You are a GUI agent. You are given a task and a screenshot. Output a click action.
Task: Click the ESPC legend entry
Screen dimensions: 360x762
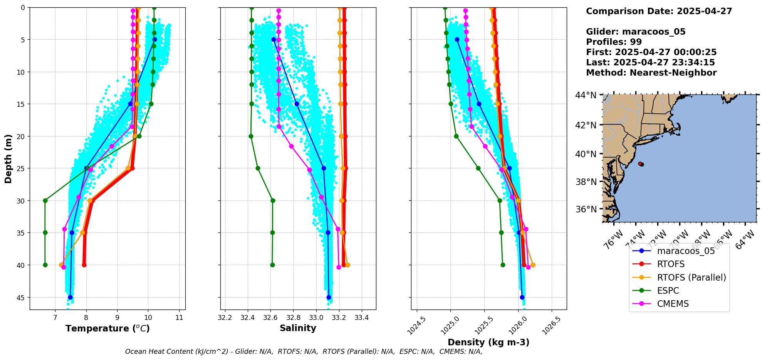coord(668,291)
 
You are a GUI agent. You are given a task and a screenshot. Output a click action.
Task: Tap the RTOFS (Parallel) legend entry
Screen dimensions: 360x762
coord(691,278)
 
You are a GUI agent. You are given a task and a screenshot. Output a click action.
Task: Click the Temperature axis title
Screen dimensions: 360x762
coord(107,329)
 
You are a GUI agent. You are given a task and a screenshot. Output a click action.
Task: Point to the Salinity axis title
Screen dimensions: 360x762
coord(298,328)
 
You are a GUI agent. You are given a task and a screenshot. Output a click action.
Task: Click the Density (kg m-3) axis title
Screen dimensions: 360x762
coord(488,342)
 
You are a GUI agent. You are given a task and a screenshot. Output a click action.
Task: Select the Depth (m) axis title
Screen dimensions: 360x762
coord(8,159)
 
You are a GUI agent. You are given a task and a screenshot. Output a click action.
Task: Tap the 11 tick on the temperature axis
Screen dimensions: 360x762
coord(179,318)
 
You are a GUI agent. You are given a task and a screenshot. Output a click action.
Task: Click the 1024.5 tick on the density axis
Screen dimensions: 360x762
coord(416,325)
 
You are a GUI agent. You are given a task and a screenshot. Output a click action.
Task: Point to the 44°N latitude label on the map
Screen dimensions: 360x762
coord(586,95)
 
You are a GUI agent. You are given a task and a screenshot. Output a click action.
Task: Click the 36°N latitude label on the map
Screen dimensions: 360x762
coord(586,210)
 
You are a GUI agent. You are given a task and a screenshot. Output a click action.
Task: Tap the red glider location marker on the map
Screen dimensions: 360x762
coord(641,164)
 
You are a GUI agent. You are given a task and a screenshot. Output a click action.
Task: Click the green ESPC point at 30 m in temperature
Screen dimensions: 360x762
coord(45,200)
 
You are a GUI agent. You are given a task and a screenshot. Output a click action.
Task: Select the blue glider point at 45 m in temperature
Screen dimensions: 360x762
coord(70,297)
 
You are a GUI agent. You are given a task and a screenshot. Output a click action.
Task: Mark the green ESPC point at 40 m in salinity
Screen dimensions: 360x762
coord(272,265)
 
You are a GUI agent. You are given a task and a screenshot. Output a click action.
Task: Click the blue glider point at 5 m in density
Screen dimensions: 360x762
coord(457,39)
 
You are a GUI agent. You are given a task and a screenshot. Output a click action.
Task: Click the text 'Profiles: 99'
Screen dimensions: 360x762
coord(614,42)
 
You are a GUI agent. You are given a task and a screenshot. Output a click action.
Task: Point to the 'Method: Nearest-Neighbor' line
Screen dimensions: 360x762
coord(651,73)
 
